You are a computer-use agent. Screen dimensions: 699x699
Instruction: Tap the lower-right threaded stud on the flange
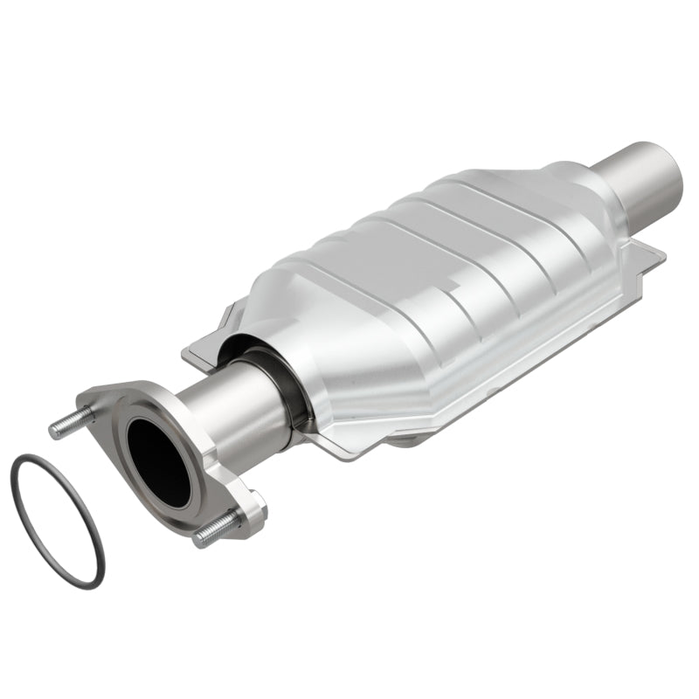point(218,526)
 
